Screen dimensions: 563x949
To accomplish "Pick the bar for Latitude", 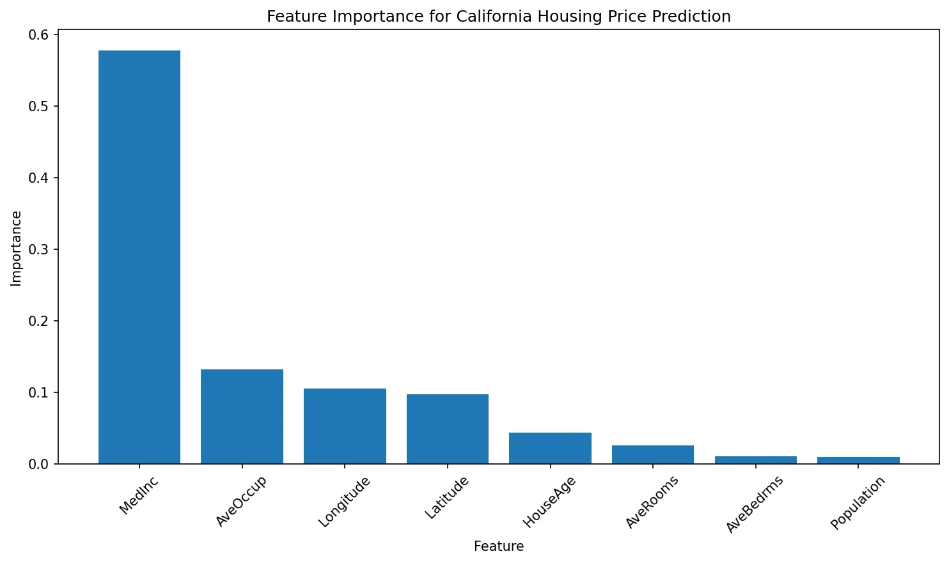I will pyautogui.click(x=448, y=429).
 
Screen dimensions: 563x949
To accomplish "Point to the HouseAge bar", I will pyautogui.click(x=550, y=448).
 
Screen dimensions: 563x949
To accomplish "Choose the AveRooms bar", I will pyautogui.click(x=653, y=454).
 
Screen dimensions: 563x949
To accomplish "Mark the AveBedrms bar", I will pyautogui.click(x=755, y=460).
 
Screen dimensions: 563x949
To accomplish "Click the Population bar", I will pyautogui.click(x=858, y=460).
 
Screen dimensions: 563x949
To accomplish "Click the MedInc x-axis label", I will pyautogui.click(x=139, y=496).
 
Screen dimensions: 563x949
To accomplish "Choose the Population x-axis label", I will pyautogui.click(x=858, y=504).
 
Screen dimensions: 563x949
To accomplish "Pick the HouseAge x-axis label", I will pyautogui.click(x=549, y=502).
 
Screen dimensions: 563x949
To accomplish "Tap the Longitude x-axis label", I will pyautogui.click(x=344, y=502).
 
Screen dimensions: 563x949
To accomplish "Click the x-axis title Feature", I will pyautogui.click(x=499, y=546).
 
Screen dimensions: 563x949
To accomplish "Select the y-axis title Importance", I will pyautogui.click(x=17, y=248).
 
